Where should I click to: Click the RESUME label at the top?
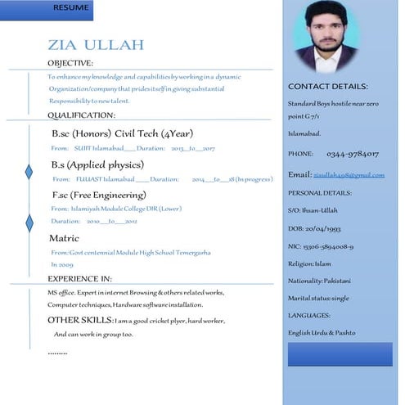click(71, 7)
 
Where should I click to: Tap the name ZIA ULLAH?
click(96, 44)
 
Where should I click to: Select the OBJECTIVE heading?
click(70, 63)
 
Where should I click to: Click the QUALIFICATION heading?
click(81, 115)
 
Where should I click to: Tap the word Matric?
click(65, 238)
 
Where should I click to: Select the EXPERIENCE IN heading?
click(79, 279)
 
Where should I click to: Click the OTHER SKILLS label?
click(79, 320)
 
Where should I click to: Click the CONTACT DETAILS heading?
click(327, 87)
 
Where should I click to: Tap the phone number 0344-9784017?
click(353, 154)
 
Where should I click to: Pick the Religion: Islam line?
click(309, 263)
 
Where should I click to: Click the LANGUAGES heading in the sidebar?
click(309, 315)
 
